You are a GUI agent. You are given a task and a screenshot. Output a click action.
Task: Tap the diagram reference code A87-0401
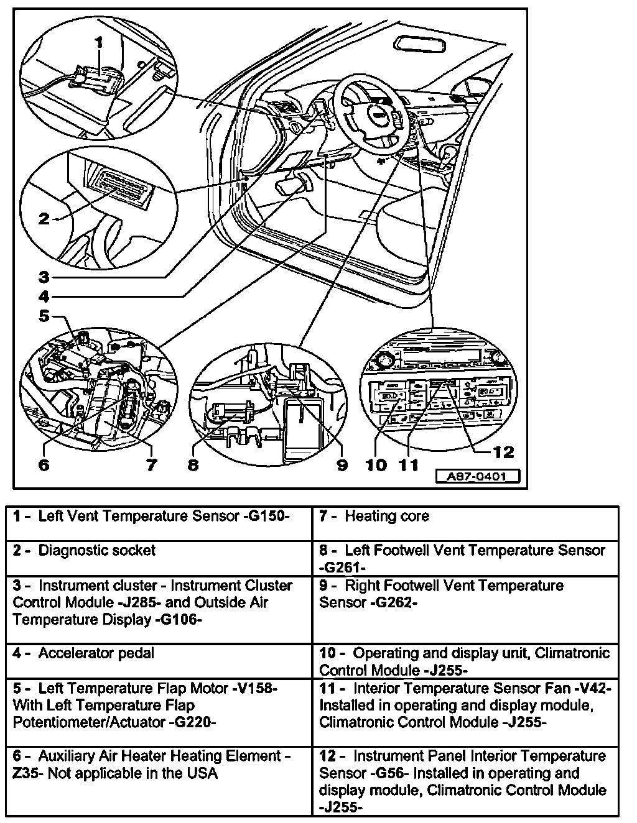tap(476, 477)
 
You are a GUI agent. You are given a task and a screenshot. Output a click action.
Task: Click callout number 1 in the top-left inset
tap(99, 42)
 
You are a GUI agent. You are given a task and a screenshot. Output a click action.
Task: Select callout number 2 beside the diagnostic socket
tap(44, 218)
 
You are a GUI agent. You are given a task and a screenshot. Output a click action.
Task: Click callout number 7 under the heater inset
tap(151, 464)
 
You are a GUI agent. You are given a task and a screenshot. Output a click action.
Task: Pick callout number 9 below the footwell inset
tap(342, 464)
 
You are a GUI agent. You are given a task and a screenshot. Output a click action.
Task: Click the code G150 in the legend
tap(269, 517)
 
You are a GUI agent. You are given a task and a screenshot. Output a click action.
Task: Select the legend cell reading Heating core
tap(386, 516)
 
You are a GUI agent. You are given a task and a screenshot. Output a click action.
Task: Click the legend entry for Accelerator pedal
tap(96, 653)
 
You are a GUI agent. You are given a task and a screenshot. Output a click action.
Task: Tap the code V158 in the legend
tap(257, 689)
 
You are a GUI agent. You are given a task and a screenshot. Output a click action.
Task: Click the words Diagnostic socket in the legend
tap(97, 550)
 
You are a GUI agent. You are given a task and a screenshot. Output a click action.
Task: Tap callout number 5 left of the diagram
tap(44, 316)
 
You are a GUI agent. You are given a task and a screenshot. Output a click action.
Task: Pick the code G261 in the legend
tap(342, 568)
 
